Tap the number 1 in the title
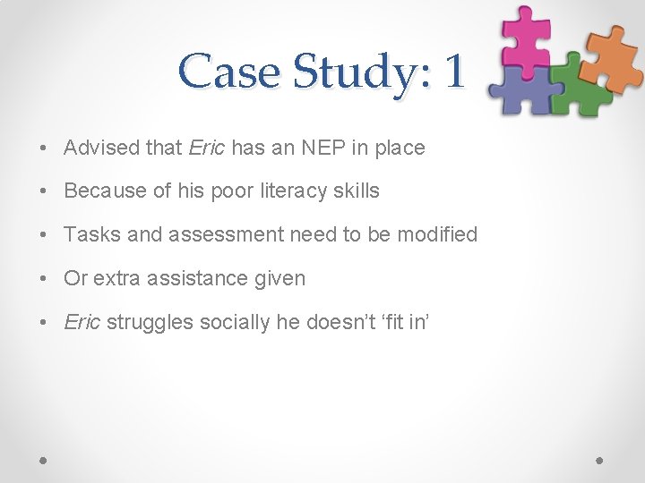453,71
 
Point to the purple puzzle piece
524,89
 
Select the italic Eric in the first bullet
207,148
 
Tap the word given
279,278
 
